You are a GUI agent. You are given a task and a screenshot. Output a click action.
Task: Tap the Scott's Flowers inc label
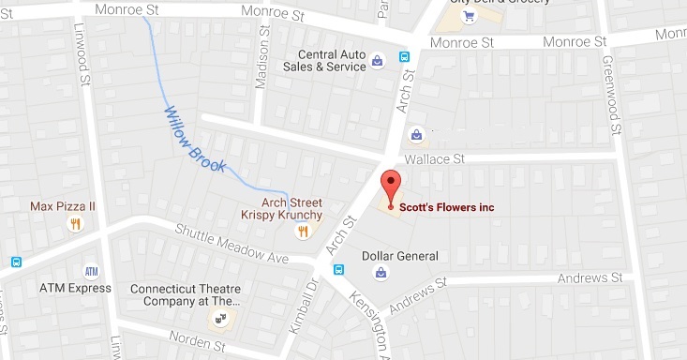(446, 207)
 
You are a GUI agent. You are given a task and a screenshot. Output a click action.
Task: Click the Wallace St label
(432, 160)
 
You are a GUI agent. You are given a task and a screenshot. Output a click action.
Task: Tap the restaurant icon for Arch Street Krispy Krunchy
(303, 231)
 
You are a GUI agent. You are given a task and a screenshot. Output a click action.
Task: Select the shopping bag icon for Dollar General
(381, 273)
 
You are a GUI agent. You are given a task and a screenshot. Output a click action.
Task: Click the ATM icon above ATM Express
(92, 272)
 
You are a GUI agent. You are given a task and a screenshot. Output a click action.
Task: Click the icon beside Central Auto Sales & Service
(377, 62)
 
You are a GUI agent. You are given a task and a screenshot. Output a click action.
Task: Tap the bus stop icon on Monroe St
(405, 55)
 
